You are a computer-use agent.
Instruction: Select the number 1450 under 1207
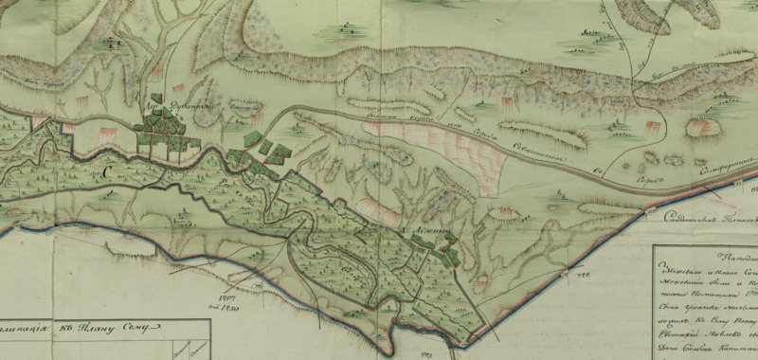[x=229, y=306]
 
